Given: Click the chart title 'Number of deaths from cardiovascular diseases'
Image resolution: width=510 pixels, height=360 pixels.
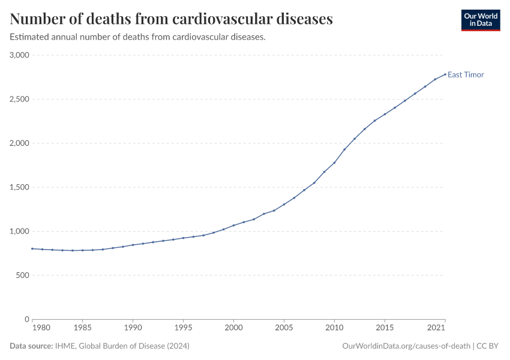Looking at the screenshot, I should pos(171,19).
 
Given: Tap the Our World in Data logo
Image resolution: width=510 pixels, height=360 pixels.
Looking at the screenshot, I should pos(480,20).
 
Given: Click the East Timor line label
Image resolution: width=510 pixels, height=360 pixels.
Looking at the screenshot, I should pos(466,75).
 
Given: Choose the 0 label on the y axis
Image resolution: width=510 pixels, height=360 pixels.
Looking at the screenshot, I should pos(27,319).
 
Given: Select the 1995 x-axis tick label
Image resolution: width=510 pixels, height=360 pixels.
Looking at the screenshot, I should pos(183,329).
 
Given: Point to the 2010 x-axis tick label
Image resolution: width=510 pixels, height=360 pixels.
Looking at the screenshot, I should pos(334,329).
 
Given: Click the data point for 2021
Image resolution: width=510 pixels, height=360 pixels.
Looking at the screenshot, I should pos(445,74).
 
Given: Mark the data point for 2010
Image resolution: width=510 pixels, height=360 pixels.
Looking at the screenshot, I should pos(334,163).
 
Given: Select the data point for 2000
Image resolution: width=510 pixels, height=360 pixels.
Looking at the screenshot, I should pos(233,226).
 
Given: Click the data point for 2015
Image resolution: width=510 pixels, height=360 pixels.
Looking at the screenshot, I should pos(385,114).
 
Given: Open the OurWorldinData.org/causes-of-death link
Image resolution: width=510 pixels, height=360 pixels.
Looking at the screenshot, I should pos(406,346).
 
